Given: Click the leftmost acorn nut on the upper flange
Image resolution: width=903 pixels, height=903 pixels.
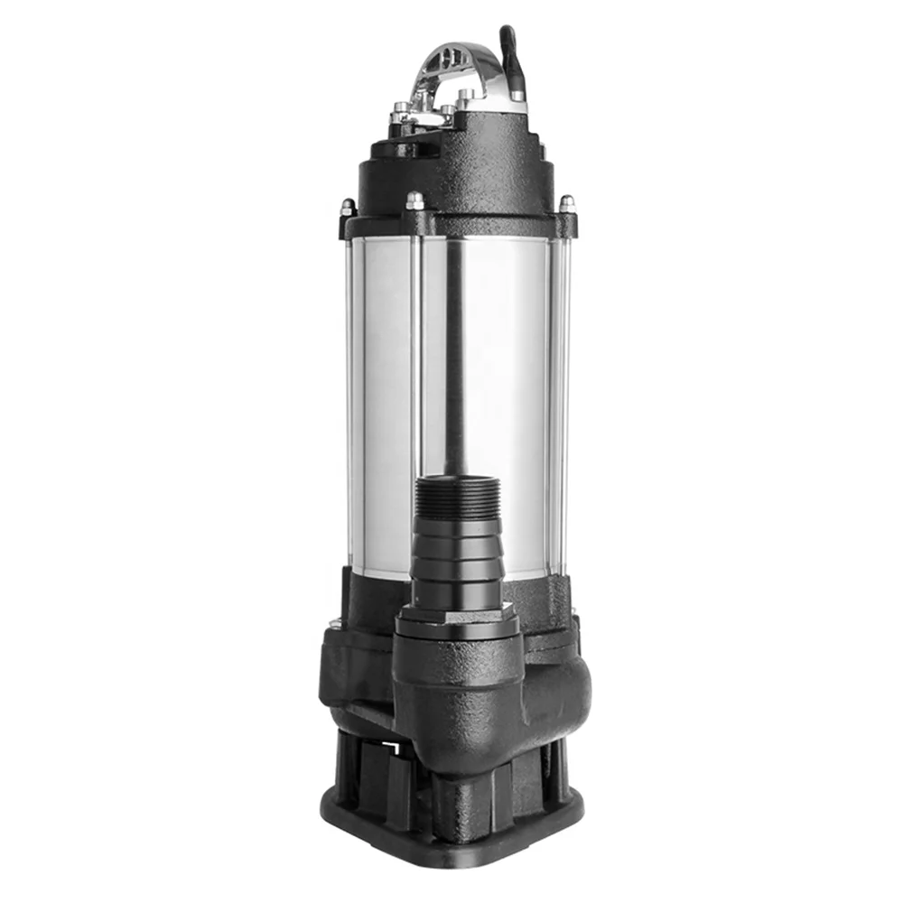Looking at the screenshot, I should [348, 209].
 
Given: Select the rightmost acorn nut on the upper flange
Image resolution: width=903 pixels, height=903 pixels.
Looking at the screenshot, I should [567, 204].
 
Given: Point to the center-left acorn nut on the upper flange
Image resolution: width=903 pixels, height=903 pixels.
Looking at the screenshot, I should [415, 200].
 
